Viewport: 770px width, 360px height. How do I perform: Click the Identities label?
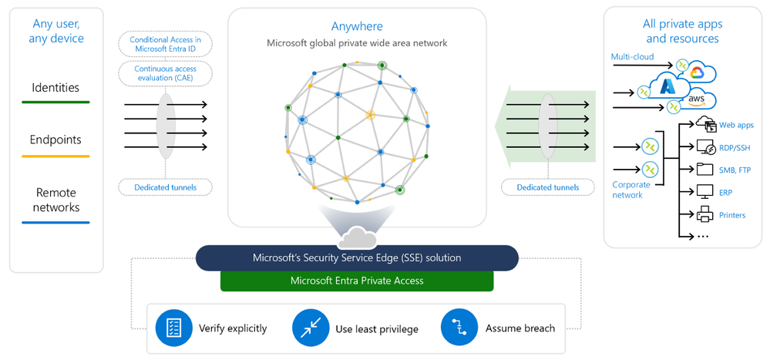pyautogui.click(x=55, y=88)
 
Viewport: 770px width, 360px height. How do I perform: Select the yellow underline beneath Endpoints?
pyautogui.click(x=55, y=156)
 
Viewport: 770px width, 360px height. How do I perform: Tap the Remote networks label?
pyautogui.click(x=55, y=200)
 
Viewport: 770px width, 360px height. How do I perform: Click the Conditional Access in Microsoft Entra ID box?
pyautogui.click(x=165, y=45)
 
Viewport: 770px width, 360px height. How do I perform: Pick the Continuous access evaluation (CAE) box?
pyautogui.click(x=165, y=74)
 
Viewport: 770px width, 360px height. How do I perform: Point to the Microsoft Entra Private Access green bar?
pyautogui.click(x=357, y=281)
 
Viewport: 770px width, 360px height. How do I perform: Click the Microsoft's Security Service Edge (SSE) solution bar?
pyautogui.click(x=357, y=257)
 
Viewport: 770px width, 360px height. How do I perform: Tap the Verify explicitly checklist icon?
pyautogui.click(x=173, y=328)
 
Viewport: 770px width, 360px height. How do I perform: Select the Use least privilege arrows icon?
pyautogui.click(x=311, y=329)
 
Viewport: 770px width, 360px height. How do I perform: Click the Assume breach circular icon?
pyautogui.click(x=459, y=328)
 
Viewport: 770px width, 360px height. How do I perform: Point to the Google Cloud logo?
pyautogui.click(x=697, y=72)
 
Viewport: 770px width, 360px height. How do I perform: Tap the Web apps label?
pyautogui.click(x=736, y=125)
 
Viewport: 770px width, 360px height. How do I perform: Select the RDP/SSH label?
pyautogui.click(x=735, y=147)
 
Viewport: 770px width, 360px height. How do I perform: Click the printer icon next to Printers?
pyautogui.click(x=705, y=215)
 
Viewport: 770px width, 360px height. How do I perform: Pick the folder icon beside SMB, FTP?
pyautogui.click(x=705, y=170)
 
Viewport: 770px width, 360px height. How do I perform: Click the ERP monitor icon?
pyautogui.click(x=705, y=192)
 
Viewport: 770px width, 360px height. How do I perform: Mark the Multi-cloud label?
pyautogui.click(x=632, y=56)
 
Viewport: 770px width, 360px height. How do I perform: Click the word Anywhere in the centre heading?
pyautogui.click(x=357, y=26)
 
